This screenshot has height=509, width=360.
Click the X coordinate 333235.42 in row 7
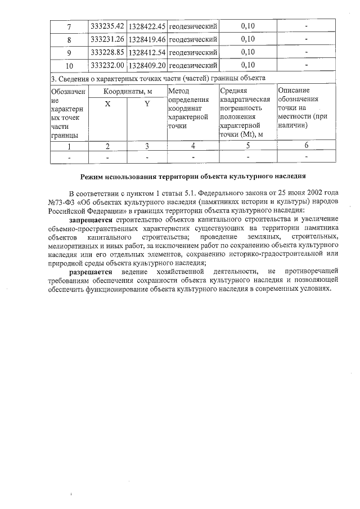[107, 26]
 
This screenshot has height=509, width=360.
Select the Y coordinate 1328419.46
[147, 39]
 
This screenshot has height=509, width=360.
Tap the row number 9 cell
[69, 52]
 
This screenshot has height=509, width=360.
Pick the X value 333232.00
[107, 65]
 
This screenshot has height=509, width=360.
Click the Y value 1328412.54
[147, 52]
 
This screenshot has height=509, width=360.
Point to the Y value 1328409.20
[147, 65]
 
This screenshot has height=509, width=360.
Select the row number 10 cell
[69, 65]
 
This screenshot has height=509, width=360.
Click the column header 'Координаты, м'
[127, 91]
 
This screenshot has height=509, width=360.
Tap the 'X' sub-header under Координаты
[107, 104]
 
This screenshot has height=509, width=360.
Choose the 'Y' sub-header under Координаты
[147, 104]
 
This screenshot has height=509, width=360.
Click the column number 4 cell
[192, 146]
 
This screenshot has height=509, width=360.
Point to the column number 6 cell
[307, 146]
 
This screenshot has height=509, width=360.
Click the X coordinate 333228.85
[107, 52]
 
